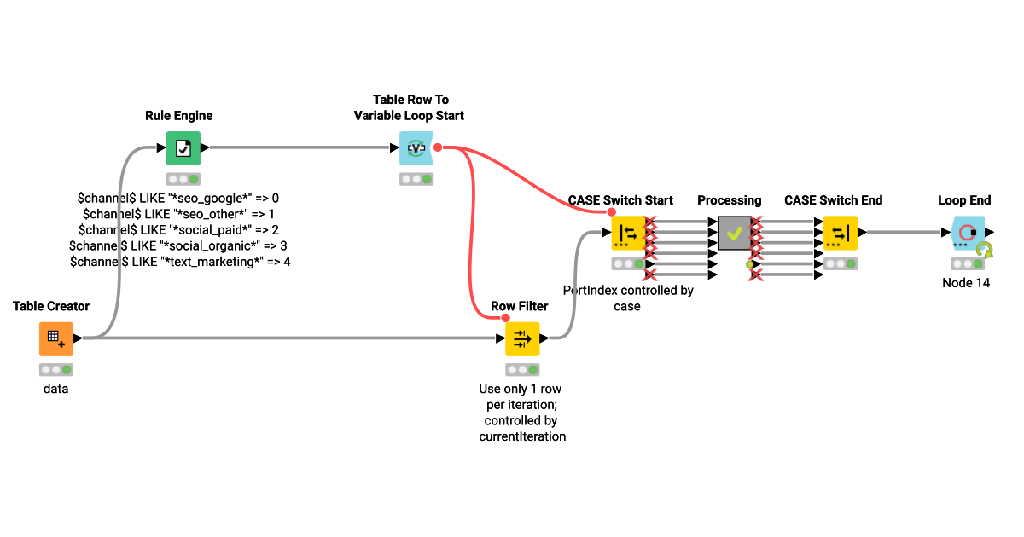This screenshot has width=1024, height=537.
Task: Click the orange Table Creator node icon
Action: coord(56,338)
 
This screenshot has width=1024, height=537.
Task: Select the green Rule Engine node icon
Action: coord(183,148)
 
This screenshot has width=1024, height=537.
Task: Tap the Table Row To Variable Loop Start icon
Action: coord(416,148)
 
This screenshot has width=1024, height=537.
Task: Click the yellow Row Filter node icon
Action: coord(522,338)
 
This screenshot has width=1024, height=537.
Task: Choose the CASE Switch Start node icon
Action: coord(628,233)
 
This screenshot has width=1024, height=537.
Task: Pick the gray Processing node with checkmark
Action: coord(734,233)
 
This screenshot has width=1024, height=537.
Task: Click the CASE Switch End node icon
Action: coord(840,233)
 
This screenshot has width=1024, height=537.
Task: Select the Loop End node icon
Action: coord(967,233)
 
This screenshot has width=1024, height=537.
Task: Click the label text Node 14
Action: coord(966,283)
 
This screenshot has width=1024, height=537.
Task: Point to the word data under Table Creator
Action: coord(56,389)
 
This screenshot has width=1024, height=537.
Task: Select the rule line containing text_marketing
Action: coord(179,262)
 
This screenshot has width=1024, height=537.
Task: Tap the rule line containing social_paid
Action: coord(179,230)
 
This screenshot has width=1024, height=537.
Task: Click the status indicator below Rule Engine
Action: coord(183,179)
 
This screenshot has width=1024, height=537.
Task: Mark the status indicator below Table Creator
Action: coord(56,369)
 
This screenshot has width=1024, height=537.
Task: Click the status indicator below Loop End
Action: coord(967,263)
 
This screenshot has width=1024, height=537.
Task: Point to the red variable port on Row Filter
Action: coord(505,318)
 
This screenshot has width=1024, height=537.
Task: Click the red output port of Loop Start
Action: coord(438,147)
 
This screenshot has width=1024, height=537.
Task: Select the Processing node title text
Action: coord(729,200)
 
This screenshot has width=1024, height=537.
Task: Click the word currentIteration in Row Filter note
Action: coord(522,436)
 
